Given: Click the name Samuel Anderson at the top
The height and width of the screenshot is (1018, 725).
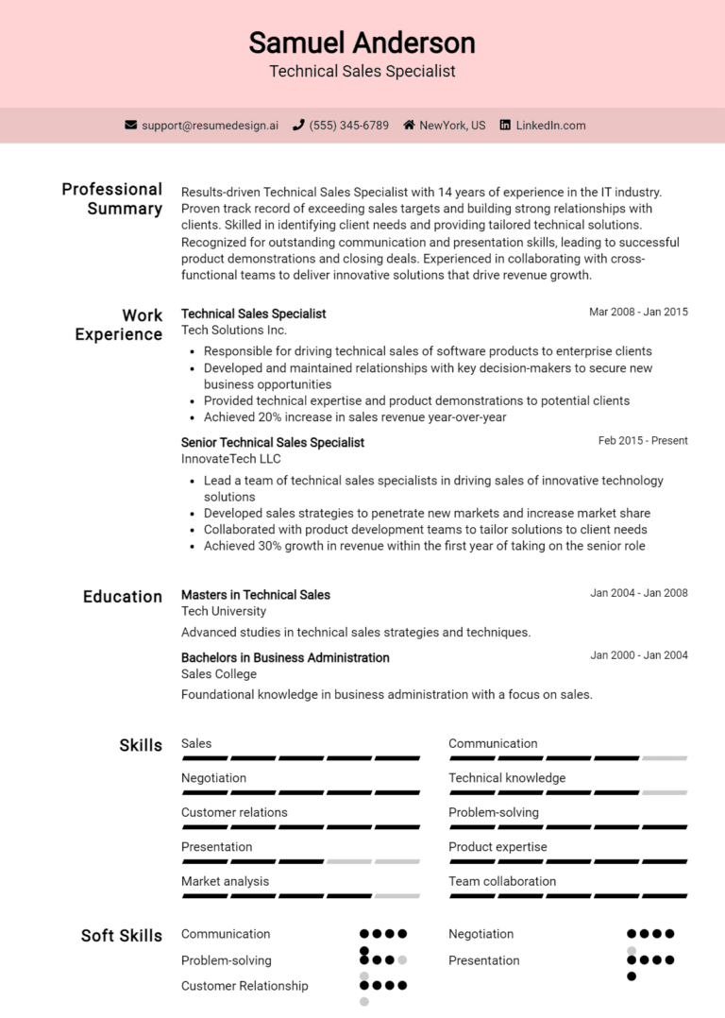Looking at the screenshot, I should [362, 42].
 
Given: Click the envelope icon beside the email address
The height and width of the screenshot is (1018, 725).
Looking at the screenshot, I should [131, 125].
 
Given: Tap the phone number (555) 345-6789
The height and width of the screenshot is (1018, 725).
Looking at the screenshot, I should [348, 125].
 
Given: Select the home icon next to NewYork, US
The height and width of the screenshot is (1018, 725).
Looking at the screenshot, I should [409, 125].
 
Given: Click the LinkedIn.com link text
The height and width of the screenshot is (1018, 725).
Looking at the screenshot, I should [550, 125].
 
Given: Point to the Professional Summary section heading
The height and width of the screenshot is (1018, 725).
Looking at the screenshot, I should [112, 198].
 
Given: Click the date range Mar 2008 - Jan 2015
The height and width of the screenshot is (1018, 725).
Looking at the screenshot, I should [638, 312].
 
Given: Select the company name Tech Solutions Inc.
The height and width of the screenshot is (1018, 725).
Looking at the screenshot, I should [234, 330].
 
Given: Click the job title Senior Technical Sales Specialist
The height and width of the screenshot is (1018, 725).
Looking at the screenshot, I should [272, 442].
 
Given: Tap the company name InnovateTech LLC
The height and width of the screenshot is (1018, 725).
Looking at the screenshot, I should [230, 459].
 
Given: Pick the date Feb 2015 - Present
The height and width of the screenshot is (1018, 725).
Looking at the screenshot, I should [643, 440].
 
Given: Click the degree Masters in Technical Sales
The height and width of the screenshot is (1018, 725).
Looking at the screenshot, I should [256, 595].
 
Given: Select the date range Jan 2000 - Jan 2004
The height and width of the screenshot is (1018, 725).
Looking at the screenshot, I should [639, 655].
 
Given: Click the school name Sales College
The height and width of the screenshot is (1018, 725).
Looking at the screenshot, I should [219, 674].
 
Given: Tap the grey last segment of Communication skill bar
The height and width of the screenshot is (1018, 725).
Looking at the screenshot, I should [665, 758].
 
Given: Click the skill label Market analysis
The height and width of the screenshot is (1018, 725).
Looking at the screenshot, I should [225, 881].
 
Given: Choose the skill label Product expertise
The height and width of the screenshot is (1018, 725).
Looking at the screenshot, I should [497, 847].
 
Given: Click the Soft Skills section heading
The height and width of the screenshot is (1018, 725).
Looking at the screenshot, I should [122, 936].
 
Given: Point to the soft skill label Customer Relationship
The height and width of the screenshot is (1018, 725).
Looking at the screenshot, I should [244, 986].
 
